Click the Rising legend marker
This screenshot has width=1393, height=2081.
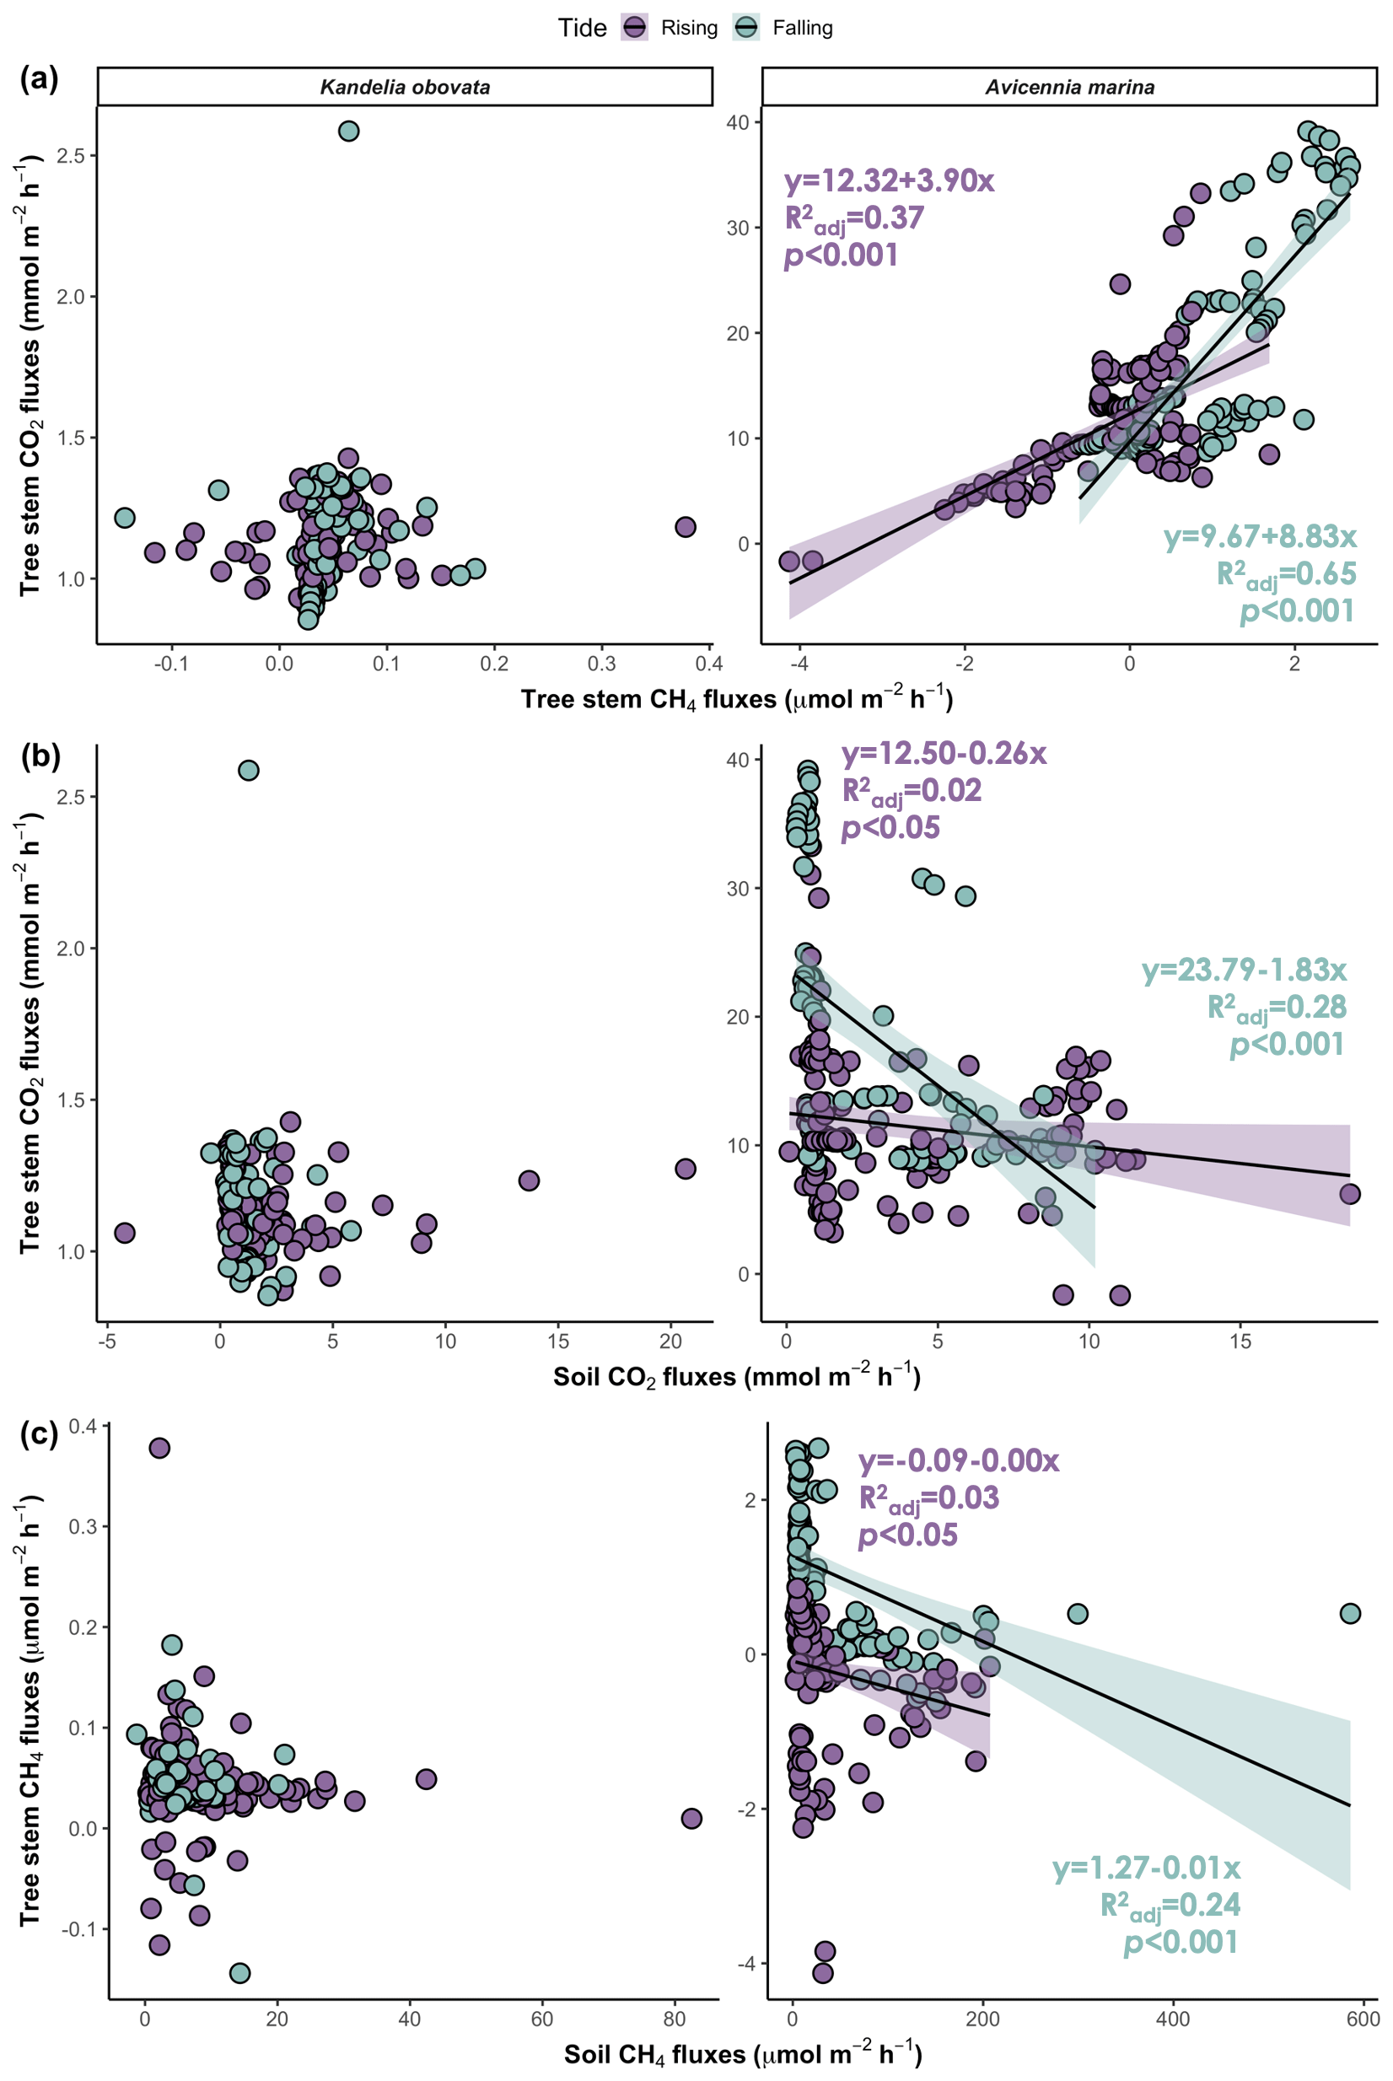(x=634, y=28)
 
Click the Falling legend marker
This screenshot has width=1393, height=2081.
(x=746, y=28)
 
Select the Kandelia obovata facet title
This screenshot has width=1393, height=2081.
(x=405, y=87)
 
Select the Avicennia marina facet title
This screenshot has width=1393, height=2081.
(x=1069, y=87)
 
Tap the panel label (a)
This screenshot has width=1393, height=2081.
(x=39, y=79)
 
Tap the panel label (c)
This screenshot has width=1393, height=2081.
(x=39, y=1433)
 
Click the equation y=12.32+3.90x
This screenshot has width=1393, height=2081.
(x=890, y=181)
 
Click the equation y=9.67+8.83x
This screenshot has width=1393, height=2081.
(x=1260, y=536)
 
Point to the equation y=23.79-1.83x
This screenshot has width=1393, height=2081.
(x=1244, y=969)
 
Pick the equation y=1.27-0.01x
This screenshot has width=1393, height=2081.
(x=1146, y=1868)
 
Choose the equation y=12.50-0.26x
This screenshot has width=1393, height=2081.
(x=944, y=753)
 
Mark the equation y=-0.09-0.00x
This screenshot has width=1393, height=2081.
(x=959, y=1460)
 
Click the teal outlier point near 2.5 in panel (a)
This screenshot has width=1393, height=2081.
(x=348, y=132)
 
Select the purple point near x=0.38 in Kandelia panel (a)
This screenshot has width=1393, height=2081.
(x=685, y=527)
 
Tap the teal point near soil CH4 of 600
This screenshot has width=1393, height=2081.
(x=1349, y=1613)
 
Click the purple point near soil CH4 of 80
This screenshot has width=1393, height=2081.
(x=691, y=1818)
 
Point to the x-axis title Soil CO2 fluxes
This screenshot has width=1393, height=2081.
(x=736, y=1378)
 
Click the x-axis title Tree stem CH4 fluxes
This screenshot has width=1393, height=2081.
(x=736, y=700)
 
